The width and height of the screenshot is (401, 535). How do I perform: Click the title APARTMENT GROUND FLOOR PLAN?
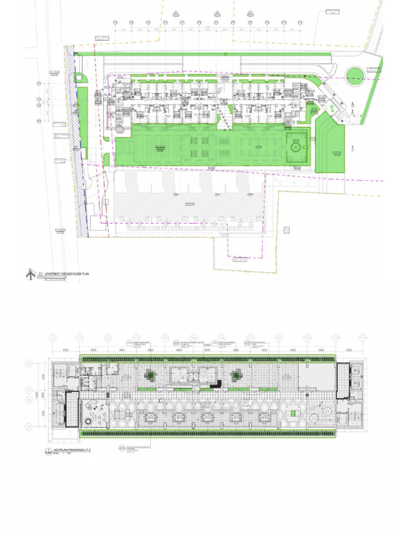click(67, 273)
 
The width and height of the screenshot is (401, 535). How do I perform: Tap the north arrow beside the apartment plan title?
click(30, 273)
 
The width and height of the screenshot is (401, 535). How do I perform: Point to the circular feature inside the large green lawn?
click(296, 147)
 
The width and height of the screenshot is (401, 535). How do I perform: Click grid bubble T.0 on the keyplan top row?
click(52, 338)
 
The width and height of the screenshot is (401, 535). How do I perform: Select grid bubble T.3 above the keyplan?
click(136, 338)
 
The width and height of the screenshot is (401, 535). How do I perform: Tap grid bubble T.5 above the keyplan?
click(193, 338)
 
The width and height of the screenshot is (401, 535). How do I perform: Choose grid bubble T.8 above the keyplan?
click(279, 338)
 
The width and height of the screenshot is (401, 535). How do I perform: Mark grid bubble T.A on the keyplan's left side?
click(30, 427)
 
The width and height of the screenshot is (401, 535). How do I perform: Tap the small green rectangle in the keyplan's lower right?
click(293, 413)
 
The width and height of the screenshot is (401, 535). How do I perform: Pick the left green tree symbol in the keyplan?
click(150, 375)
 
